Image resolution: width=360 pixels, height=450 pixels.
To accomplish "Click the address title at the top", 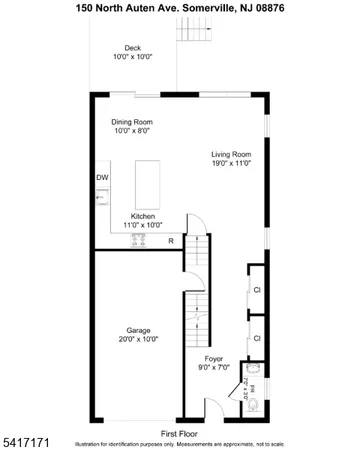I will click(180, 7).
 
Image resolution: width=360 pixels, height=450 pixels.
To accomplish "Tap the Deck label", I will click(132, 48).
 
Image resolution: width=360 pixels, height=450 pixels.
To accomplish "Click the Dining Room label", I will click(132, 121).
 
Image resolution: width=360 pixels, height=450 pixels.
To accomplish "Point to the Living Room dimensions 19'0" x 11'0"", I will click(230, 165).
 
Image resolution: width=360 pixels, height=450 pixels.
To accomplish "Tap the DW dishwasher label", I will click(102, 178).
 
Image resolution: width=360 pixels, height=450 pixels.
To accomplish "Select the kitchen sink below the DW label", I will click(101, 199).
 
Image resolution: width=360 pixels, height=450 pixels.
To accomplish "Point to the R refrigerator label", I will click(171, 241).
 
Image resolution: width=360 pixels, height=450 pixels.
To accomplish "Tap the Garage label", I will click(138, 330).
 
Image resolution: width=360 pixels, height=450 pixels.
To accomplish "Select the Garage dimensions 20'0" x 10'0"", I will click(138, 340).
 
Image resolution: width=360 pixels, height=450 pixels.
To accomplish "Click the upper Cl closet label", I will click(257, 290).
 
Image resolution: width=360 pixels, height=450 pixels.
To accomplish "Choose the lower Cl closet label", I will click(257, 338).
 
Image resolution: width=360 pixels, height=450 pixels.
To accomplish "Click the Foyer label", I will click(214, 358).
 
